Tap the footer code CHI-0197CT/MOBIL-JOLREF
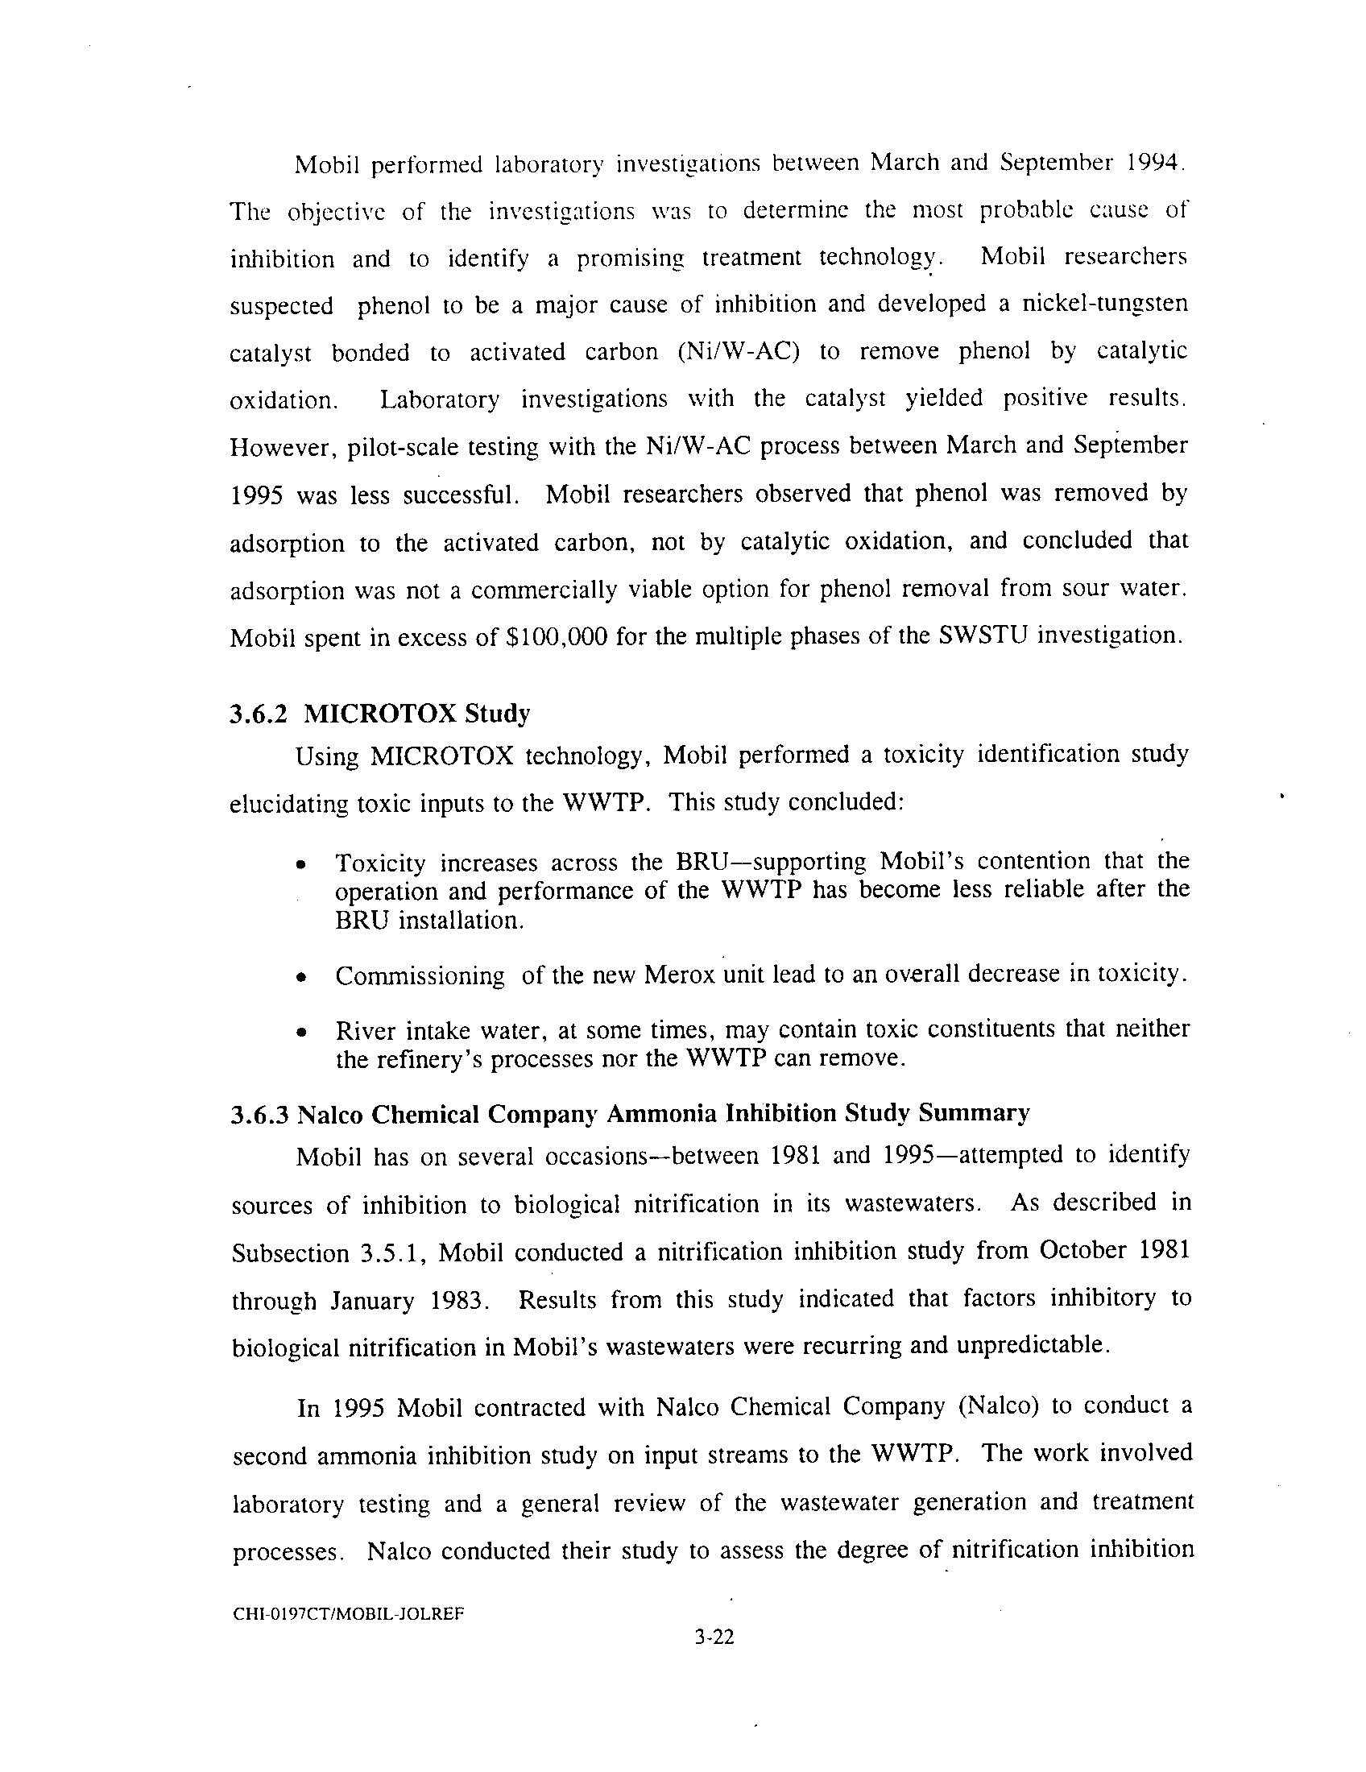coord(348,1614)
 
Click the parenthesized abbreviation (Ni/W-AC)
coord(737,352)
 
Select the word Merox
coord(678,975)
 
